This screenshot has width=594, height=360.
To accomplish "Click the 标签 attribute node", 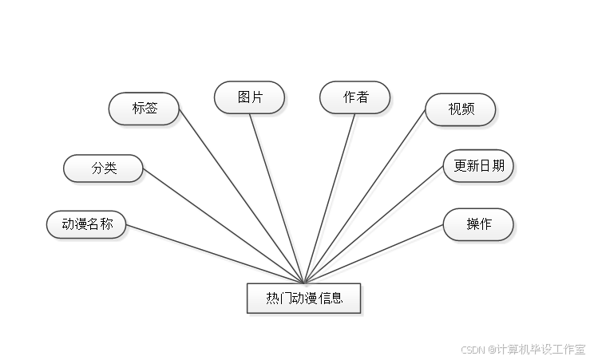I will point(144,109).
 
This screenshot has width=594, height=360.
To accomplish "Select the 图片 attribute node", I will point(249,97).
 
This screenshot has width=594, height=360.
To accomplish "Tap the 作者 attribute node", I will point(355,97).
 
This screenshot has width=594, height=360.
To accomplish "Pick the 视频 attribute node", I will point(461,109).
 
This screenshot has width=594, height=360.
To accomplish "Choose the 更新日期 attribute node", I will point(478,166).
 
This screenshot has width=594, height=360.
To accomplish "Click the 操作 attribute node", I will point(478,224).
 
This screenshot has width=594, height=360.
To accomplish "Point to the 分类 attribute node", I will point(104,168).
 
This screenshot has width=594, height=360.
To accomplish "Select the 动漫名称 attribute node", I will point(87,224).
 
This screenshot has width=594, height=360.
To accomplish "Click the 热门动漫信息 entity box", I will point(304,299).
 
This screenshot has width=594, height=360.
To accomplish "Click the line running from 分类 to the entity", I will point(224,226).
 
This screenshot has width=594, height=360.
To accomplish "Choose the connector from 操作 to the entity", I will point(375,254).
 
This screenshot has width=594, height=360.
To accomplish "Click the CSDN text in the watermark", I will point(473,349).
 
